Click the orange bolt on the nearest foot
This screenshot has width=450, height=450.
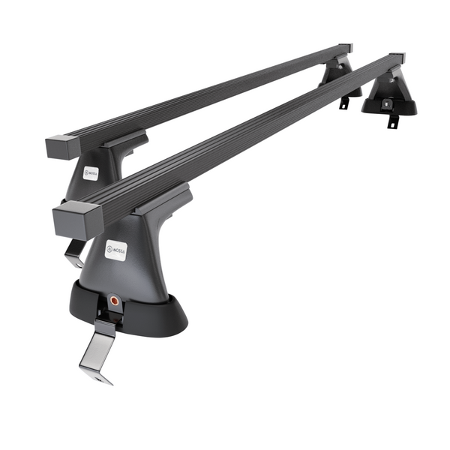pos(115,298)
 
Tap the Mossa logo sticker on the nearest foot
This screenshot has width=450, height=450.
pos(115,250)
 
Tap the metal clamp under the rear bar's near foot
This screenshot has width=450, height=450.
pos(73,253)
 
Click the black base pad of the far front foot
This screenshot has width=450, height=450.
pos(388,107)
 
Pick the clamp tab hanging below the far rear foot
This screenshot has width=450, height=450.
pos(345,102)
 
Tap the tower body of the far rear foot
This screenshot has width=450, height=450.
pos(335,75)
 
